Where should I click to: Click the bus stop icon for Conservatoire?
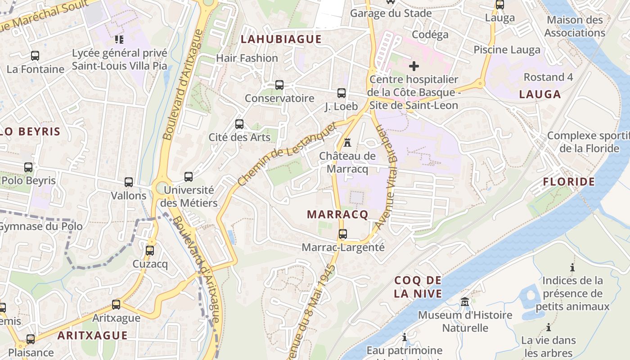pos(279,85)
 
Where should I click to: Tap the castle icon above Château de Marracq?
pos(347,143)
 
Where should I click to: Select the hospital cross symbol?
pos(414,66)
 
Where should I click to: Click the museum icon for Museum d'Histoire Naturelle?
pos(465,301)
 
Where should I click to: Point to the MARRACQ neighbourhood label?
pos(337,214)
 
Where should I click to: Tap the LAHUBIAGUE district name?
pos(281,39)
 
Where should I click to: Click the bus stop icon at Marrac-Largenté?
pos(343,234)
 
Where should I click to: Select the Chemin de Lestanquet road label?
pos(287,154)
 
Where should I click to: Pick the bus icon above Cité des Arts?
pos(239,124)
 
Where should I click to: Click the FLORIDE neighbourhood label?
pos(569,182)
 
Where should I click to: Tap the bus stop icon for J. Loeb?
pos(342,93)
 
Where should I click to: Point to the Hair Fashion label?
pos(247,58)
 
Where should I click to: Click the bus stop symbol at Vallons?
pos(129,182)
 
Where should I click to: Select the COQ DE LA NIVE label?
pos(418,287)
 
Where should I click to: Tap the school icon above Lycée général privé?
pos(119,40)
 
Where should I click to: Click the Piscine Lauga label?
pos(507,50)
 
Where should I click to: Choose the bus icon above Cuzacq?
pos(150,250)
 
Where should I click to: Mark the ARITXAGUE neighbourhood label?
pos(92,335)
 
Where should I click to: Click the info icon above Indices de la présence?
pos(572,267)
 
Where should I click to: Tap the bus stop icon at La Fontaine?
pos(35,56)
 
